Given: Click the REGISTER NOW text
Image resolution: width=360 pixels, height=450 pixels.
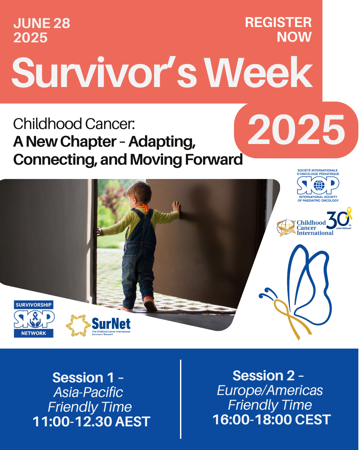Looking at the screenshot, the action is (278, 29).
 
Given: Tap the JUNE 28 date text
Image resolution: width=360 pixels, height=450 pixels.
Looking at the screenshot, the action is (42, 23).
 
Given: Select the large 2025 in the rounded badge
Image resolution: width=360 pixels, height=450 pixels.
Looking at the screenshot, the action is (296, 130).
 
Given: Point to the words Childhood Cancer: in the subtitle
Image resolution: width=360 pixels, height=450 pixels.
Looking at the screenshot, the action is (74, 124).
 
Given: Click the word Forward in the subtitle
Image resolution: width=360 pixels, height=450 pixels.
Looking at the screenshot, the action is (214, 159).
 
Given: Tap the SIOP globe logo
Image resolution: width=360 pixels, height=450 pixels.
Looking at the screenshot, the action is (318, 185).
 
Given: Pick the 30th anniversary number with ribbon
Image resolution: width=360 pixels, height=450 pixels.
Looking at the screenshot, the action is (339, 218).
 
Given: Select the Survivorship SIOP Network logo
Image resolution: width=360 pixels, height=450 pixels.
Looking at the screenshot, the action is (34, 319).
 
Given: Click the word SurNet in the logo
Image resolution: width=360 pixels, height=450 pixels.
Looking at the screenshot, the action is (111, 324).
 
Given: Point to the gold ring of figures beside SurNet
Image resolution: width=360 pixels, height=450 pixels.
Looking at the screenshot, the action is (78, 325).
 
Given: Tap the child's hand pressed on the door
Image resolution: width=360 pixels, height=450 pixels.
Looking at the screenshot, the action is (176, 207).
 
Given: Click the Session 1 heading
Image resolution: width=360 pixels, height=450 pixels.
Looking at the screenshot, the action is (88, 378).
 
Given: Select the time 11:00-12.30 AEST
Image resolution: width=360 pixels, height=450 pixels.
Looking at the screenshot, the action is (91, 421).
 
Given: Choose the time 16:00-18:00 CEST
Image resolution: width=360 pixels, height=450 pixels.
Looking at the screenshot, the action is (272, 419).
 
